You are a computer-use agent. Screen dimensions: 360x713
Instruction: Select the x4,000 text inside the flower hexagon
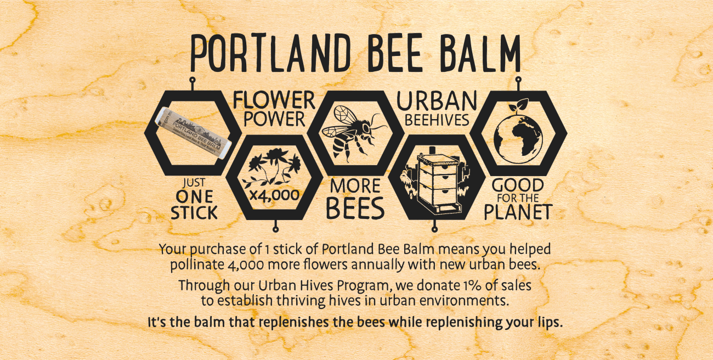coord(274,195)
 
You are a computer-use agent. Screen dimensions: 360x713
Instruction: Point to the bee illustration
coord(349,132)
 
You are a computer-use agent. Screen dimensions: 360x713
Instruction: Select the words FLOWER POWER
coord(274,109)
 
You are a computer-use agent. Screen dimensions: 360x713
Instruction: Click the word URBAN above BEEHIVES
coord(436,101)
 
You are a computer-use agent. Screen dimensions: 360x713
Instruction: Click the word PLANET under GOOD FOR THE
coord(517,212)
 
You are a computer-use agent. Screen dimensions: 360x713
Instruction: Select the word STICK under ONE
coord(194,213)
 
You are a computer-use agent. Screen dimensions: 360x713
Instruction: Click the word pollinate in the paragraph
coord(196,265)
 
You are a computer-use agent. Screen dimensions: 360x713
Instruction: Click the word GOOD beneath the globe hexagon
coord(518,185)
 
